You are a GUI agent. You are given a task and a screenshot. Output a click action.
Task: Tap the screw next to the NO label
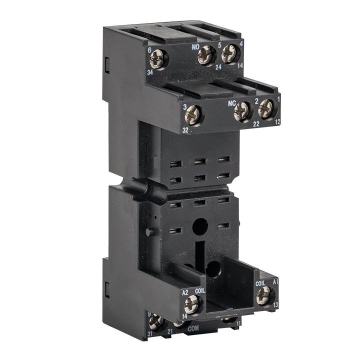click(205, 55)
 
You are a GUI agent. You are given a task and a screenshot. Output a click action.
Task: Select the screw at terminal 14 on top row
click(229, 53)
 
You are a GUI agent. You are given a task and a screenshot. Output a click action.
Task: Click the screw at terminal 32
click(193, 115)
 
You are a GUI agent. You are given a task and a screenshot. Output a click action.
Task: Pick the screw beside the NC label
click(242, 111)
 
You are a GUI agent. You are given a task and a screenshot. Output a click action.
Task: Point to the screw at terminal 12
click(266, 108)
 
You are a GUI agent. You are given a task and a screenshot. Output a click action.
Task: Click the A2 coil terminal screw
click(192, 303)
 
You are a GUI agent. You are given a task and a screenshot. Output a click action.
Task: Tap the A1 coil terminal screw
click(264, 294)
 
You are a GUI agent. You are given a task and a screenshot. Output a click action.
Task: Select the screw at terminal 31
click(156, 321)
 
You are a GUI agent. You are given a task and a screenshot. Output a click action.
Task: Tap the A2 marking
click(184, 292)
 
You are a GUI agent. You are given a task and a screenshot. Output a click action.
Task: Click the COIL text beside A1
click(260, 283)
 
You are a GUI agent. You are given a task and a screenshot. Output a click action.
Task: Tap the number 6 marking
click(149, 50)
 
